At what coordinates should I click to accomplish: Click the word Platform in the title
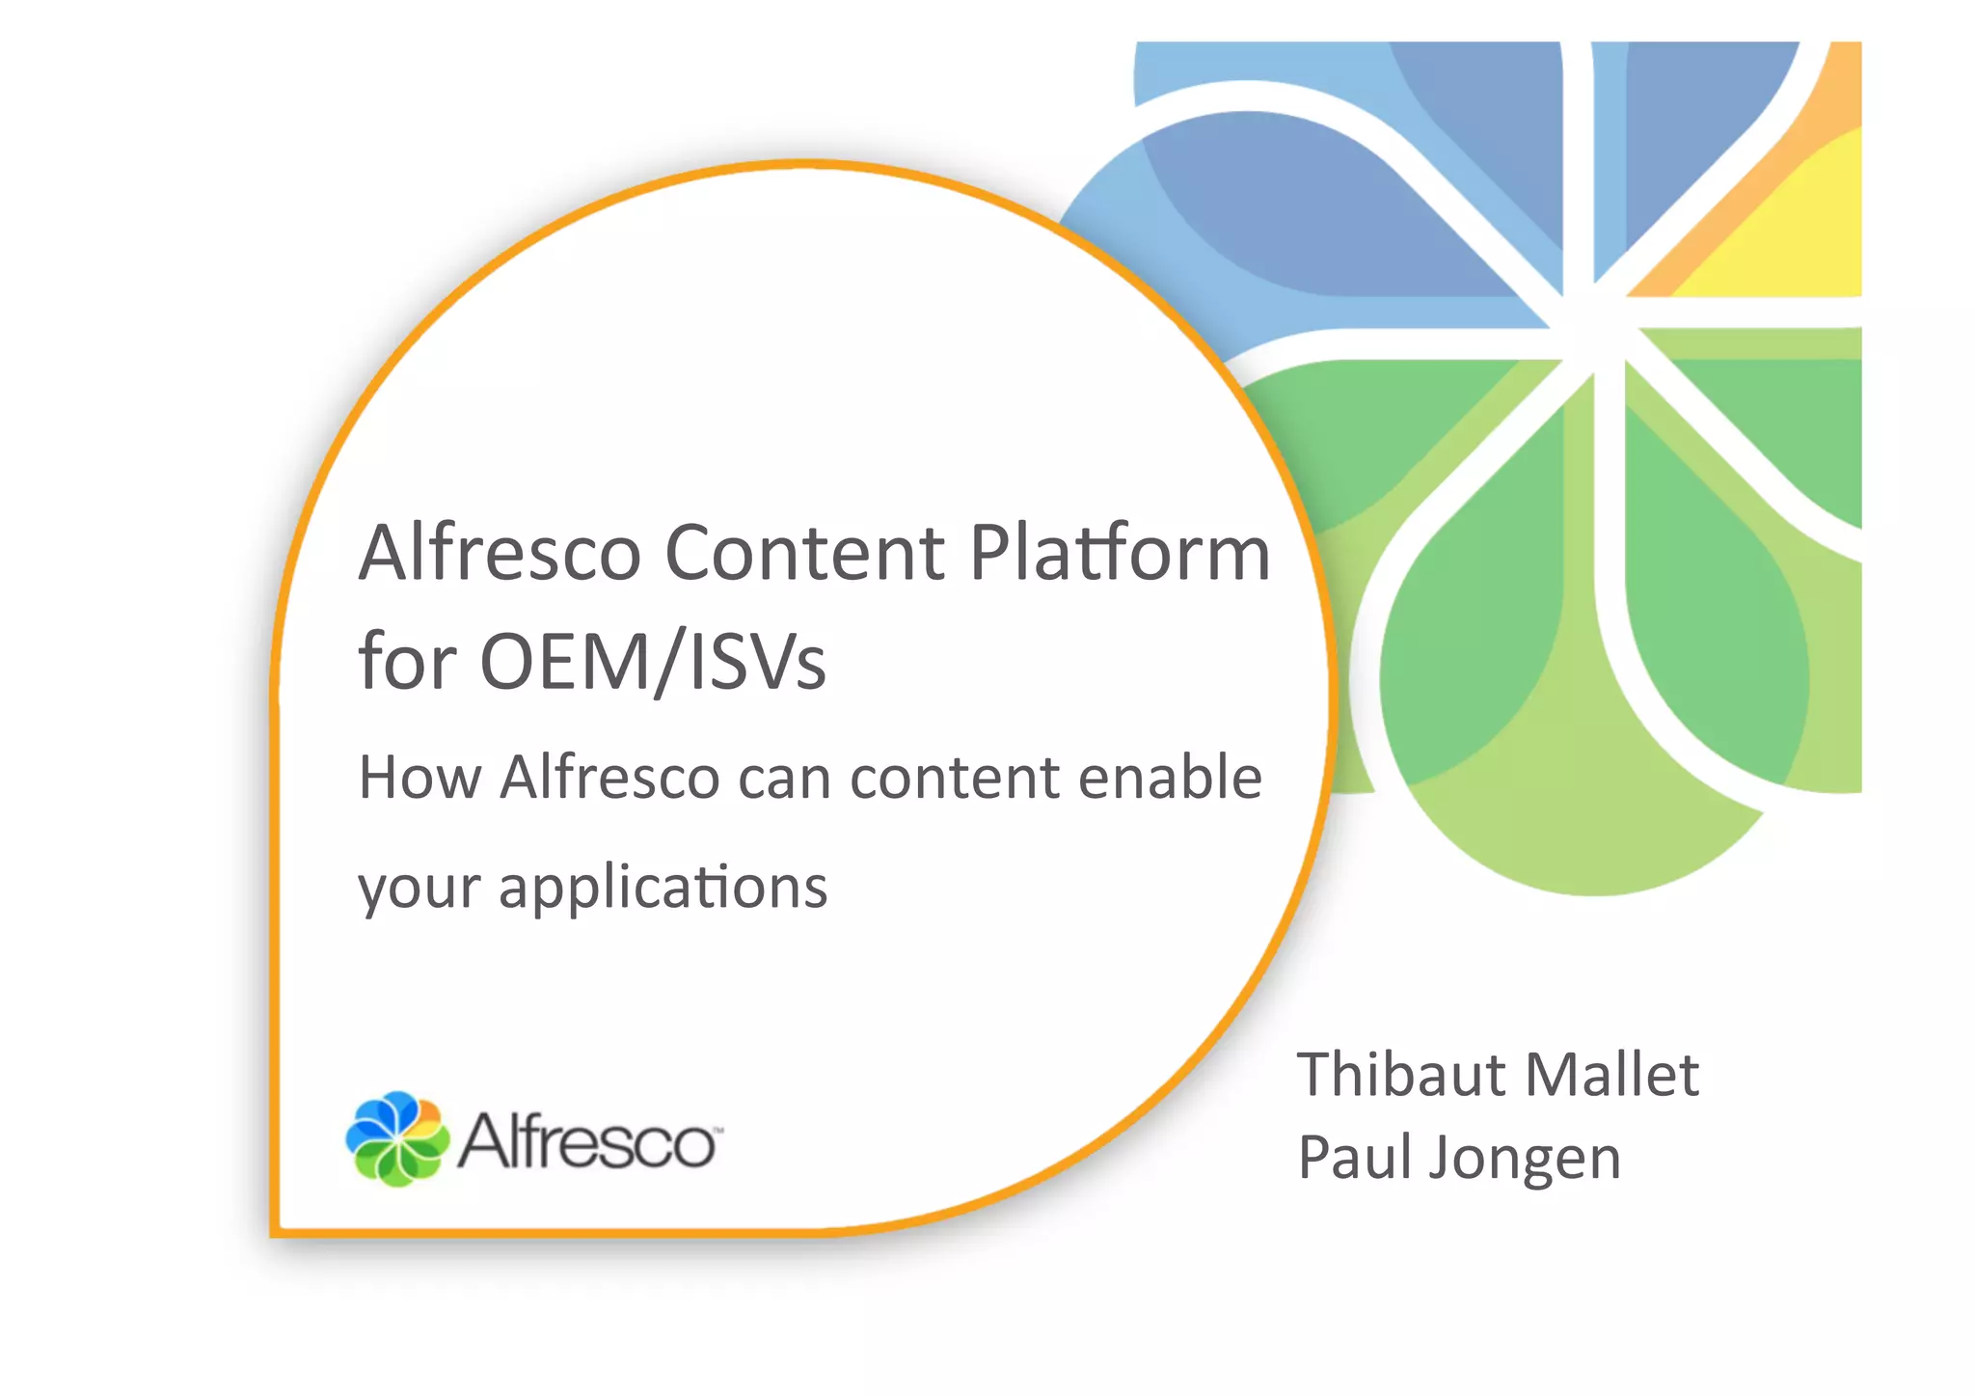1120,554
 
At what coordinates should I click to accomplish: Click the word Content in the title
805,554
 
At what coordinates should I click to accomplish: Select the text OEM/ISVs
653,663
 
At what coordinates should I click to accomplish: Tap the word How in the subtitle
419,778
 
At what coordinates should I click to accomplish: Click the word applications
663,888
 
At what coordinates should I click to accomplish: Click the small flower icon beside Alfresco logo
397,1139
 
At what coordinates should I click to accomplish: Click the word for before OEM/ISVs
406,663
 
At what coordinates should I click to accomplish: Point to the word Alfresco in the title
500,554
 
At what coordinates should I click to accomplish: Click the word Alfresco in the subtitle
609,778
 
